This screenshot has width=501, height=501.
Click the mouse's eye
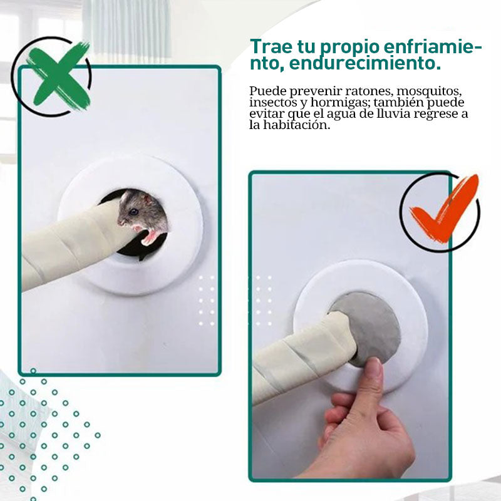point(133,212)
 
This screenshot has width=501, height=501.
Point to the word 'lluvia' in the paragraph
point(393,114)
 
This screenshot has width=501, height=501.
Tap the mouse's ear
point(148,199)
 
